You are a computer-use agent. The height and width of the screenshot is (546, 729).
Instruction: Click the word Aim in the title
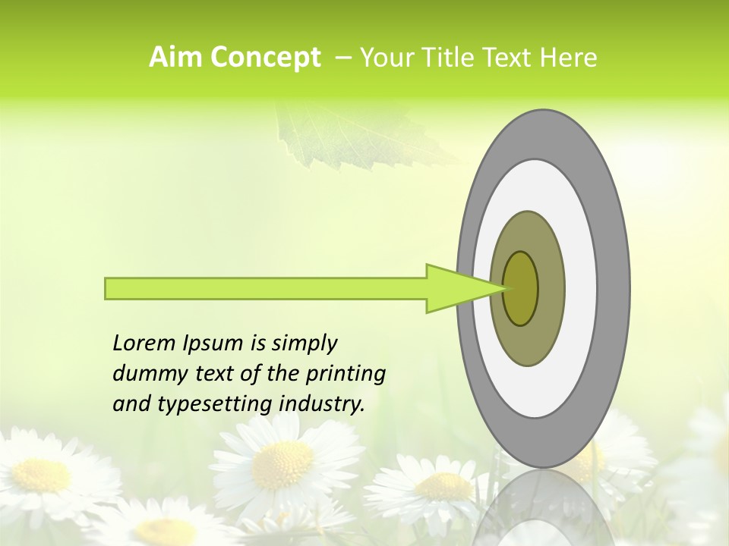coord(175,58)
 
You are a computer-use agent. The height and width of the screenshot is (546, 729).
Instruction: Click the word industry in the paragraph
coord(320,404)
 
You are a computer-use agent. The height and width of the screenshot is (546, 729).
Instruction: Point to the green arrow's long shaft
coord(266,288)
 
